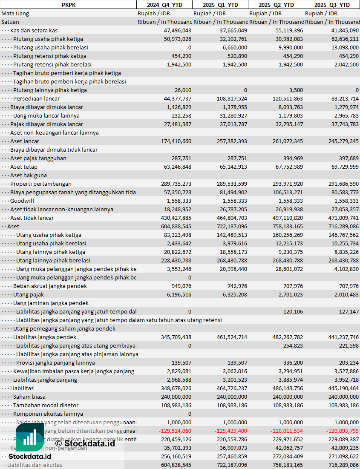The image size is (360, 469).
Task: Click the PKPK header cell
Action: [x=68, y=5]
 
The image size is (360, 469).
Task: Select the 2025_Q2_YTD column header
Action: [x=276, y=5]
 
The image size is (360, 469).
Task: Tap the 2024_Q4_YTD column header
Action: [x=164, y=5]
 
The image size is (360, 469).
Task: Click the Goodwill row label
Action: [x=22, y=201]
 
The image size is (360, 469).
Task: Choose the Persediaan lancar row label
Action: [x=36, y=98]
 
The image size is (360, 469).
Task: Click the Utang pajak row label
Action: [x=29, y=294]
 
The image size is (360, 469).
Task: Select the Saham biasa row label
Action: [x=29, y=397]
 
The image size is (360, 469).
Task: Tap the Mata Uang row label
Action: [x=15, y=13]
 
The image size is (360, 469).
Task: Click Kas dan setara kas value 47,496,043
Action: [x=177, y=30]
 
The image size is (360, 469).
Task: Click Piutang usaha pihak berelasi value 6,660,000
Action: [x=235, y=47]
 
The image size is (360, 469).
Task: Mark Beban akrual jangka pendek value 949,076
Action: [x=181, y=286]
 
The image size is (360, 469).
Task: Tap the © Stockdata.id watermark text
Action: [x=85, y=443]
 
